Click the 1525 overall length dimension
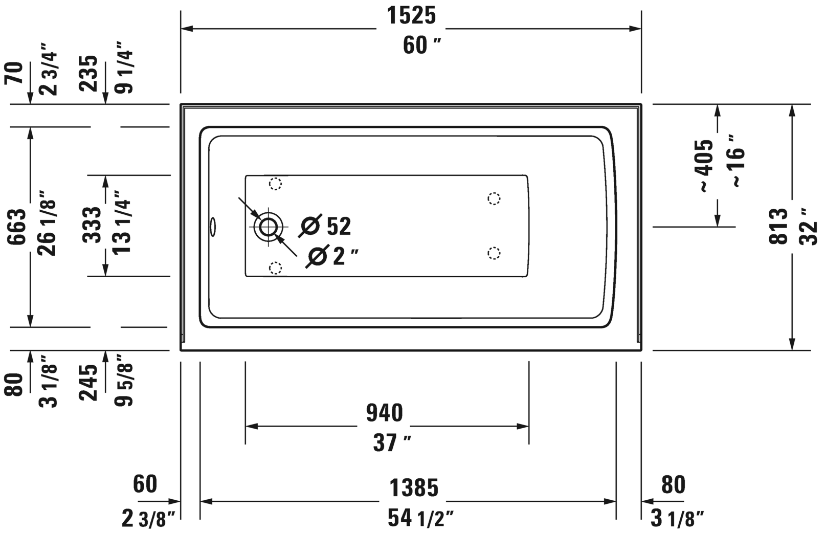tap(411, 16)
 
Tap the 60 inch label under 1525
tap(422, 46)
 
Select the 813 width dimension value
tap(778, 226)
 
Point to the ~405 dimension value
tap(703, 166)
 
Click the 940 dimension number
tap(385, 413)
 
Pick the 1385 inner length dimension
tap(414, 487)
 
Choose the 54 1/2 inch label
tap(420, 518)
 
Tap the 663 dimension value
tap(17, 227)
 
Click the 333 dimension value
tap(92, 225)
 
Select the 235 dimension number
tap(88, 73)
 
